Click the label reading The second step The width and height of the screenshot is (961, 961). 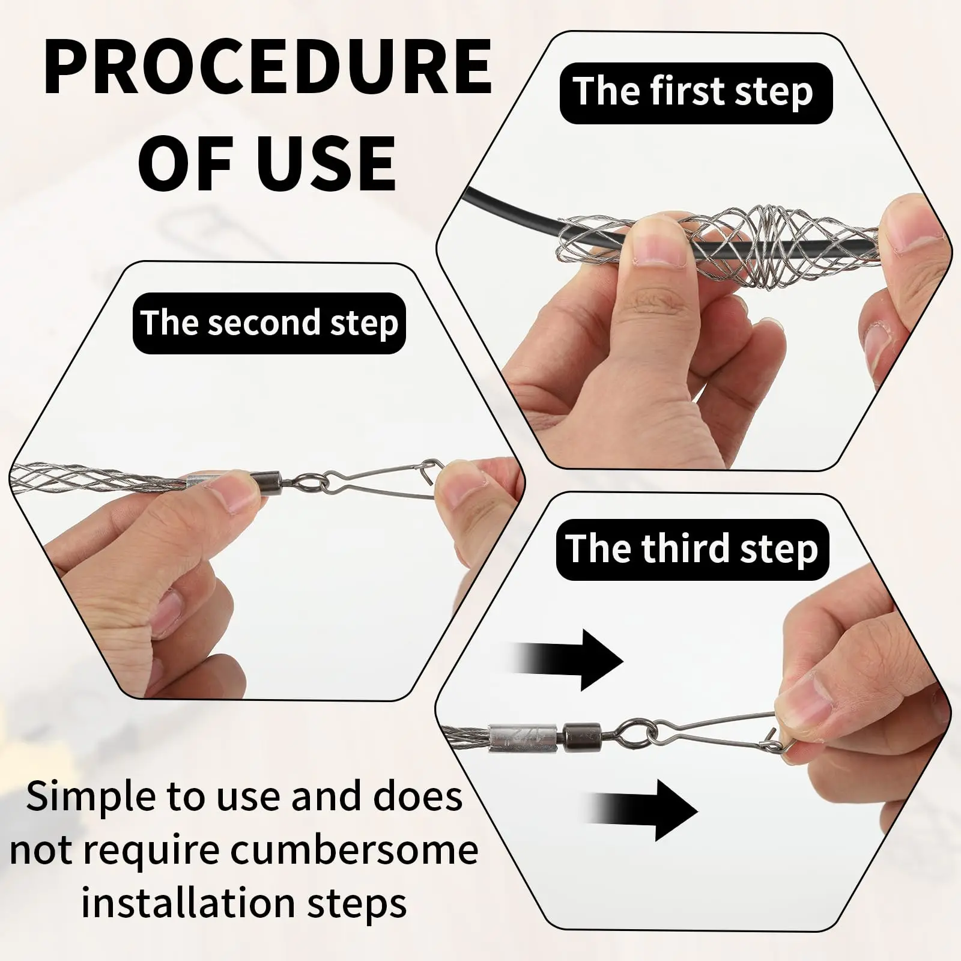click(269, 323)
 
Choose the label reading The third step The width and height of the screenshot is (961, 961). click(693, 550)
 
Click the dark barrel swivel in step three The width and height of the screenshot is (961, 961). click(581, 735)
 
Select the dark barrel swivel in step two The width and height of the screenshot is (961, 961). click(266, 480)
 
